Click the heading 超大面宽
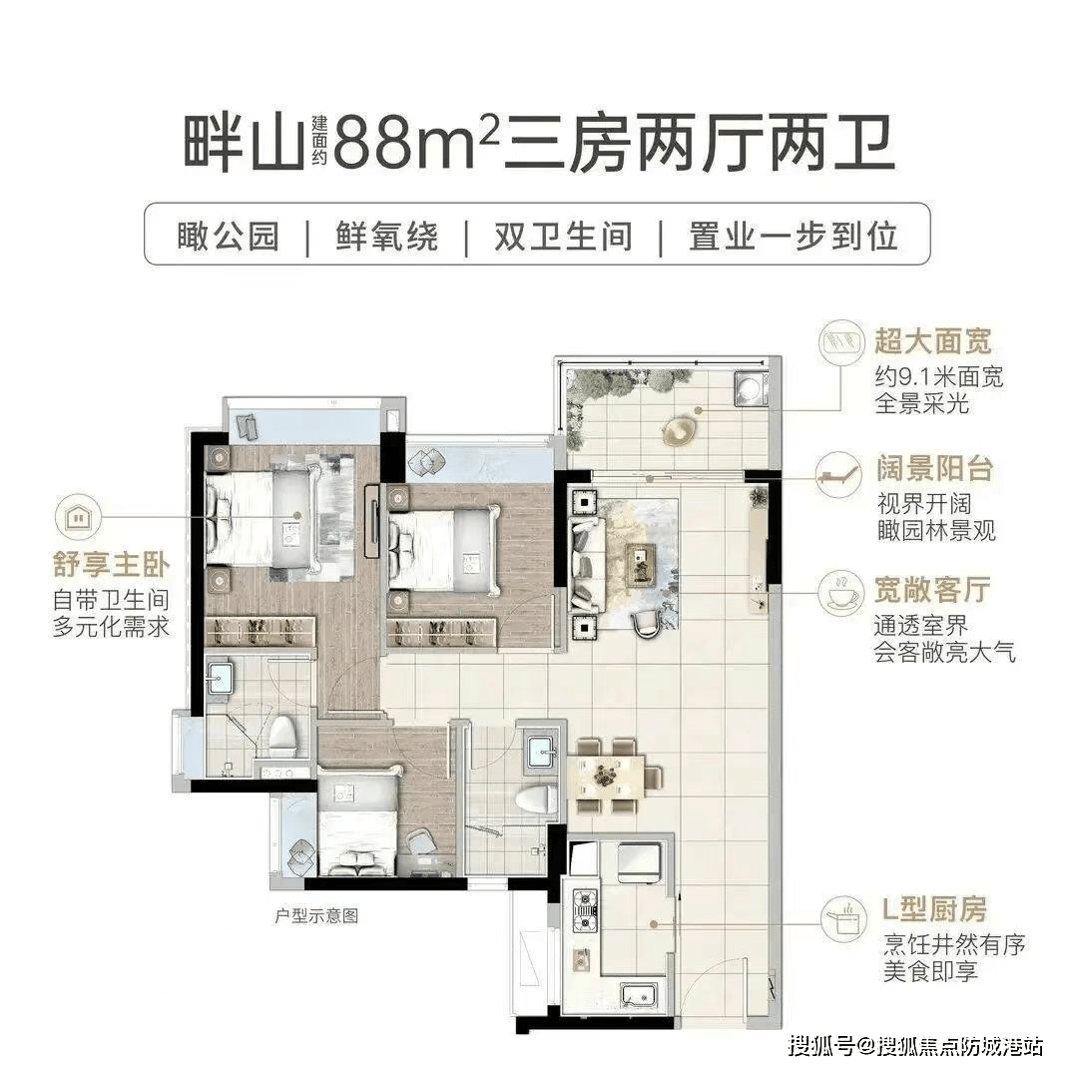click(x=933, y=341)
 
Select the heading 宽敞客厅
click(x=932, y=590)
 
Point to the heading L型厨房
click(x=934, y=908)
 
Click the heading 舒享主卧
click(x=111, y=565)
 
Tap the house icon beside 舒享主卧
click(x=79, y=517)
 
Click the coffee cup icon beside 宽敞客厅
click(x=841, y=592)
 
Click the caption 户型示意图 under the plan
click(x=316, y=915)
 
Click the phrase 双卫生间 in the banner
click(x=563, y=236)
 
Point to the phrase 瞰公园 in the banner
click(x=229, y=236)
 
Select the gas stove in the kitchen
click(x=586, y=911)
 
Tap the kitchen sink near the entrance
click(x=640, y=996)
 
